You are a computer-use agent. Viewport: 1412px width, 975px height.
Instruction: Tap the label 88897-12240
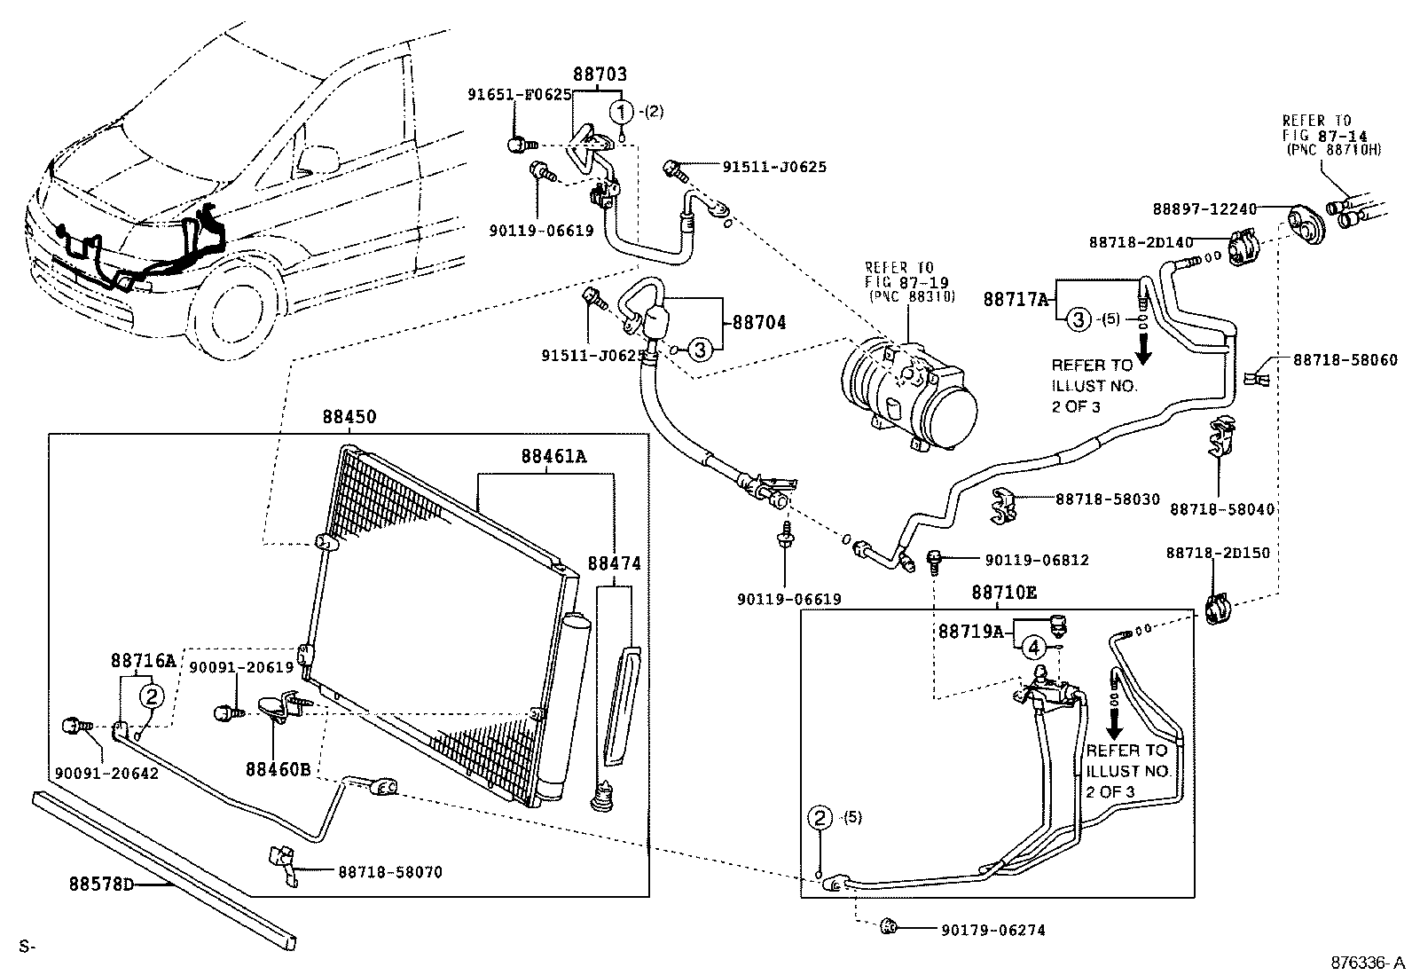click(1204, 209)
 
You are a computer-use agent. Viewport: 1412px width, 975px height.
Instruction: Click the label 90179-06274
click(992, 930)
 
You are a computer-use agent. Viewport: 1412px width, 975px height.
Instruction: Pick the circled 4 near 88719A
click(1033, 648)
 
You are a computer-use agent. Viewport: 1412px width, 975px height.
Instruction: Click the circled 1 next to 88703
click(623, 112)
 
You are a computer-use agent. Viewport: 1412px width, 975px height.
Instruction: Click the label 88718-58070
click(389, 872)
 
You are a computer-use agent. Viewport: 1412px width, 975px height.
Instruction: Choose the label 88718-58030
click(1107, 499)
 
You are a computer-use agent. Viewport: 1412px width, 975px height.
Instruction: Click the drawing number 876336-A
click(1366, 963)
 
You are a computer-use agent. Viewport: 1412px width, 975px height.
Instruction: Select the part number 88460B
click(278, 768)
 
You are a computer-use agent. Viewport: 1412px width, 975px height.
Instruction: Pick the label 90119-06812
click(1036, 560)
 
